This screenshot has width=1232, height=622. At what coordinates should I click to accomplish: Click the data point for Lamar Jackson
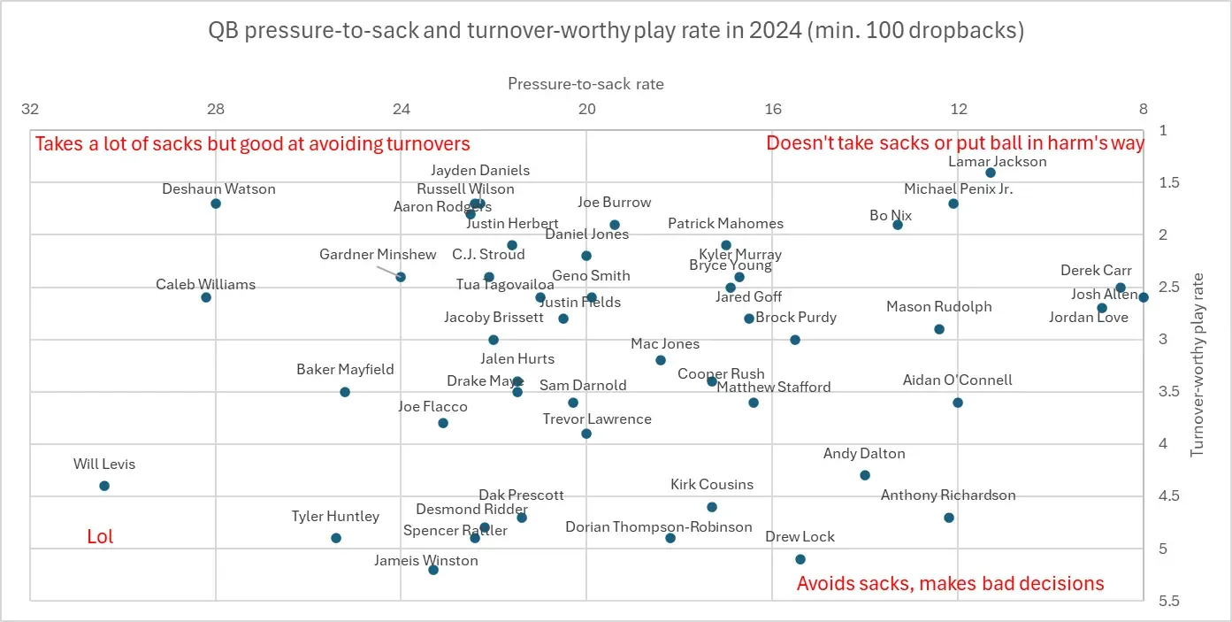coord(991,173)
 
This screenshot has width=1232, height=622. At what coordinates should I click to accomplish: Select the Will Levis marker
coord(104,486)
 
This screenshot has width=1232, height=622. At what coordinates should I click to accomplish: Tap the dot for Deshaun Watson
coord(216,203)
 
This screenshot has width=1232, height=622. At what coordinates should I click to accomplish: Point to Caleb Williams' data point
coord(206,297)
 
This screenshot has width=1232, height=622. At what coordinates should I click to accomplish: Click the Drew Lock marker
coord(800,559)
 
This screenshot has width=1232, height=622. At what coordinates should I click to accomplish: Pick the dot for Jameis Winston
coord(433,570)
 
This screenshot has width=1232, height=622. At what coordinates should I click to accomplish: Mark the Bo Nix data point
coord(898,225)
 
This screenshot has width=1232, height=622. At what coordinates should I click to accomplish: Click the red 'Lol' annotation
coord(100,536)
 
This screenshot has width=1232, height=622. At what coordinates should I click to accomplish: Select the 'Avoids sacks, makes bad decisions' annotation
coord(950,583)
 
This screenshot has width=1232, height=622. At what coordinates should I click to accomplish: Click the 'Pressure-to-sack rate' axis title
coord(585,84)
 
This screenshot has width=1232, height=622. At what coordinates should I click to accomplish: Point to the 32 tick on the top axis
coord(30,110)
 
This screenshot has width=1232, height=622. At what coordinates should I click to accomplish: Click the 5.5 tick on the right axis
coord(1169,601)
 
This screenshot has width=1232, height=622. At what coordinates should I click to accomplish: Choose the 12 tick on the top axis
coord(958,110)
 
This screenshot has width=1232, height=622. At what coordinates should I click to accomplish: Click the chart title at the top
coord(616,31)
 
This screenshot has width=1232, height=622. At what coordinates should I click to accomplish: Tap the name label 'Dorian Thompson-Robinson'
coord(659,527)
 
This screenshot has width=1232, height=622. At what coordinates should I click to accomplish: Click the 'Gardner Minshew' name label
coord(378,255)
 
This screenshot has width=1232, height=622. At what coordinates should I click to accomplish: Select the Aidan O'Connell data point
coord(958,403)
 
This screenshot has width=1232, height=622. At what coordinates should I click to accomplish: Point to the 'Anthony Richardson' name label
coord(948,495)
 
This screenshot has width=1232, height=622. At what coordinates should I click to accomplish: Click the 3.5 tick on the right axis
coord(1169,392)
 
